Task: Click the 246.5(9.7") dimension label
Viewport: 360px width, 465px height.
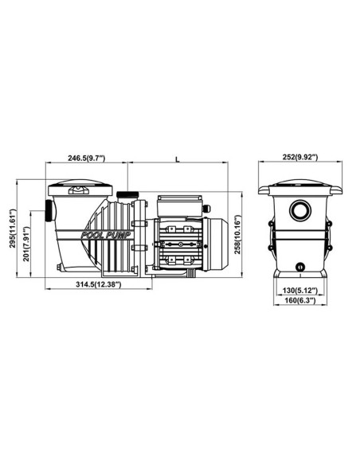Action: (x=87, y=158)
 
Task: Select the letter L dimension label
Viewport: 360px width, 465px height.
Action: (x=178, y=159)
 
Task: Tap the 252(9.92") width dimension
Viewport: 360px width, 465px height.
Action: (x=299, y=157)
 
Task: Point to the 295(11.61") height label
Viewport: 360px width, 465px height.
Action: (x=12, y=229)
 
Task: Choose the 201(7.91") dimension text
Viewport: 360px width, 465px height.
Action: (x=27, y=244)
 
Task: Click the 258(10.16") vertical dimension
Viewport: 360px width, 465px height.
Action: (x=238, y=235)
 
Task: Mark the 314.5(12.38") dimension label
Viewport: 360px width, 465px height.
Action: (x=99, y=284)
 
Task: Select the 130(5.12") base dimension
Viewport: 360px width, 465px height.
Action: (x=299, y=290)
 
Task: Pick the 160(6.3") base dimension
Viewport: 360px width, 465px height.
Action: (x=299, y=300)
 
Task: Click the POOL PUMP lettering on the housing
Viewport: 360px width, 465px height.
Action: (x=106, y=236)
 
